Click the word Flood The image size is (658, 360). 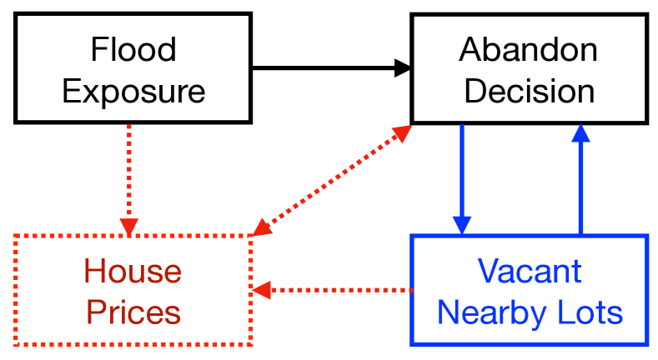coord(133,50)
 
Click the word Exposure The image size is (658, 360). coord(133,90)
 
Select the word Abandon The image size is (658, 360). coord(529,50)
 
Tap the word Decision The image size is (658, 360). coord(529,90)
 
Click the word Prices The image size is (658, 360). coord(133,312)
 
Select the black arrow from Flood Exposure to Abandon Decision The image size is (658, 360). coord(325,67)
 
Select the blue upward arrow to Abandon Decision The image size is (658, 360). coord(580,183)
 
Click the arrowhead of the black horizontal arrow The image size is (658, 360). coord(403,67)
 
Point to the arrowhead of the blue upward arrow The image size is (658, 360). coord(580,132)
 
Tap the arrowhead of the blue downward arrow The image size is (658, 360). coord(462,226)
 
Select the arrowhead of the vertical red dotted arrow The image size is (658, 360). coord(128,226)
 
